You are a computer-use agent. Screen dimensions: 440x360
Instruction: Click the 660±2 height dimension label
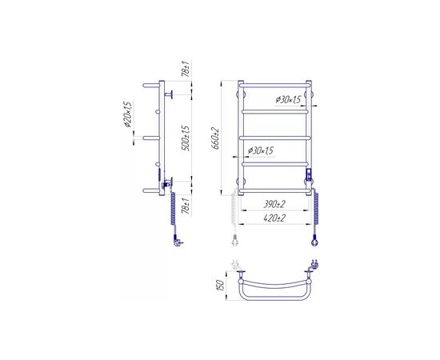point(215,138)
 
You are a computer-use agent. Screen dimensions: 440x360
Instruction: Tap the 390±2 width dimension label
point(274,204)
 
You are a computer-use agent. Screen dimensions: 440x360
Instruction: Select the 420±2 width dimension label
point(274,218)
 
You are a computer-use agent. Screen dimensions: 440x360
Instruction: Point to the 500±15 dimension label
point(186,138)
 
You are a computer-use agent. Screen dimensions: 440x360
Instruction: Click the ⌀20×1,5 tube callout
point(128,114)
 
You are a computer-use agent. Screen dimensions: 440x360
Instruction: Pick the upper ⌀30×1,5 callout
point(288,100)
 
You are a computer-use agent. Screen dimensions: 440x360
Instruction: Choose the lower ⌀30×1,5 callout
point(261,151)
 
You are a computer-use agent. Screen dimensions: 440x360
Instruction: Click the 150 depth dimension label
point(221,286)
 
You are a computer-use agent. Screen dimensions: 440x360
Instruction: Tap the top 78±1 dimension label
point(186,69)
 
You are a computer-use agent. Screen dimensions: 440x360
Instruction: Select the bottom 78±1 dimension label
point(186,206)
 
